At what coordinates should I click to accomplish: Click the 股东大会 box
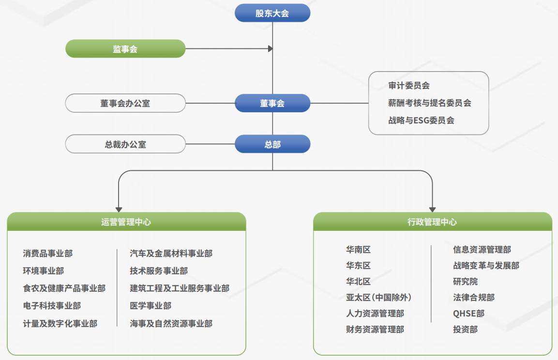pos(272,13)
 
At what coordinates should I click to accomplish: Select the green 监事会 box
pos(125,49)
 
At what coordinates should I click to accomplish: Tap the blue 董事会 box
pos(272,103)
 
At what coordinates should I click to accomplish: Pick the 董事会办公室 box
pos(125,103)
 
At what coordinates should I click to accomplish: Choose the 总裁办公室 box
pos(125,144)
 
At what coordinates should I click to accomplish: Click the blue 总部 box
pos(272,144)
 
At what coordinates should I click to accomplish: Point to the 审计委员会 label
pos(409,86)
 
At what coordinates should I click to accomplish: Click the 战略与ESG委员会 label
pos(421,120)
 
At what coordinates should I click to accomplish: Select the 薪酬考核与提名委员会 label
pos(430,103)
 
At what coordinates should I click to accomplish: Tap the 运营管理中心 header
pos(126,222)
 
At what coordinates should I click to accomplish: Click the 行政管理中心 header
pos(432,222)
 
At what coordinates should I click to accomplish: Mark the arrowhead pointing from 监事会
pos(271,49)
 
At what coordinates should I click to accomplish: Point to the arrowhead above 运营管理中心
pos(119,210)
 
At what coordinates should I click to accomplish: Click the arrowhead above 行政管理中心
pos(432,210)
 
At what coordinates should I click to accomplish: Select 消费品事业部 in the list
pos(48,253)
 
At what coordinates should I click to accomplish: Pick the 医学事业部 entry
pos(151,305)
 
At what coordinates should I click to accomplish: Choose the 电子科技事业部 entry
pos(52,305)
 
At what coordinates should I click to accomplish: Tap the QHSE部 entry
pos(468,313)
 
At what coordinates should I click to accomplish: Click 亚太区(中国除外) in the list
pos(379,297)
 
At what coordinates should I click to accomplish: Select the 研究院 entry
pos(465,281)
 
